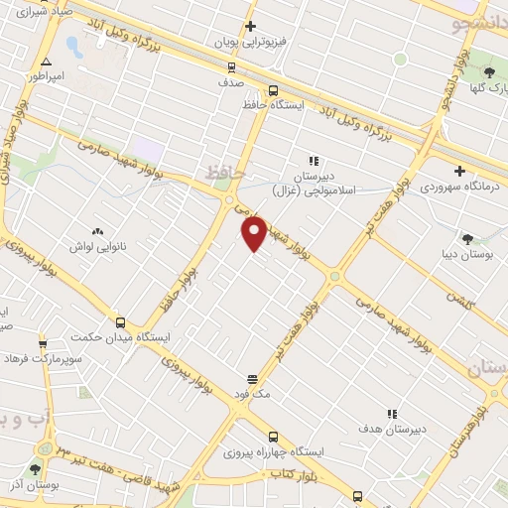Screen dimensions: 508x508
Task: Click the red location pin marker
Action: point(255,232)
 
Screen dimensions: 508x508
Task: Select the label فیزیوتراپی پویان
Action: point(250,43)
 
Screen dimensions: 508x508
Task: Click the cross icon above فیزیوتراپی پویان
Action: point(250,27)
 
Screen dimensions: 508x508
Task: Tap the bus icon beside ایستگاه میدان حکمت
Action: point(120,322)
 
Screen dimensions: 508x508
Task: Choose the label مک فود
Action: point(252,394)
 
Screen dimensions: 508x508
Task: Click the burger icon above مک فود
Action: point(252,379)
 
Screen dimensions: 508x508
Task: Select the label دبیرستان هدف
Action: point(391,429)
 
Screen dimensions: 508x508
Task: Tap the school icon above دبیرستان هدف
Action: point(391,414)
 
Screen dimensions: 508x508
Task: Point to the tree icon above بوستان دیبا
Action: point(467,238)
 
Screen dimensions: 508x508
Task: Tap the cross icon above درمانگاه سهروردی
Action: point(458,171)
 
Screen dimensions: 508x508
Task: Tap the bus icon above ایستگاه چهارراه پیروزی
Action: point(273,437)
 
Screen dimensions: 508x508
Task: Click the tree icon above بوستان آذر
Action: point(36,469)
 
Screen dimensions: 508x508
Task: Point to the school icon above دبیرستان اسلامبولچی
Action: point(315,161)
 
